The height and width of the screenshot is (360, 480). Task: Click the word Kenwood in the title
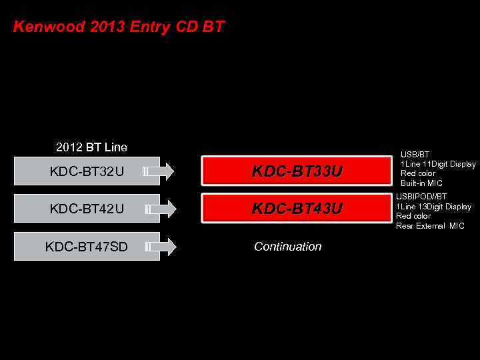pos(43,27)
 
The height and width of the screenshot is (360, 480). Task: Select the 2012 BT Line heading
pos(91,147)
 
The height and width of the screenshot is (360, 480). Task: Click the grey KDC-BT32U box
pos(87,171)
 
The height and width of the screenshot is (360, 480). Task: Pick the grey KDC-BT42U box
pos(87,209)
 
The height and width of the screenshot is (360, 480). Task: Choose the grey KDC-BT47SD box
pos(87,247)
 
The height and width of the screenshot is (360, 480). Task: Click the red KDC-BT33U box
pos(297,171)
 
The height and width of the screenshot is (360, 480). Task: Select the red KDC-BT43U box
pos(297,209)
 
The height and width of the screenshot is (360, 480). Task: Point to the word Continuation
pos(288,247)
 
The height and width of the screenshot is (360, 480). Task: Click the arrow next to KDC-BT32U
pos(159,171)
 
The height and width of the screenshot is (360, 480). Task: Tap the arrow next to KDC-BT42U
pos(159,209)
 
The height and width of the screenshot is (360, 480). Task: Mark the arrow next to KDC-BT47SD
pos(159,247)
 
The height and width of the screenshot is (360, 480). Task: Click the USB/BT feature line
pos(415,155)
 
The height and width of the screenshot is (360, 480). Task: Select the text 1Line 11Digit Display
pos(438,164)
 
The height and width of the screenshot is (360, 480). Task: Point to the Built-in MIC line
pos(421,183)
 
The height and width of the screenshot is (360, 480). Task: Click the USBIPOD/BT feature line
pos(421,197)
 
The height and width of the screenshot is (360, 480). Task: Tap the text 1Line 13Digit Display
pos(433,207)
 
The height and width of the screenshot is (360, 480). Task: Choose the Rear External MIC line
pos(430,226)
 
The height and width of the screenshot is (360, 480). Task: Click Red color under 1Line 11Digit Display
pos(418,173)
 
